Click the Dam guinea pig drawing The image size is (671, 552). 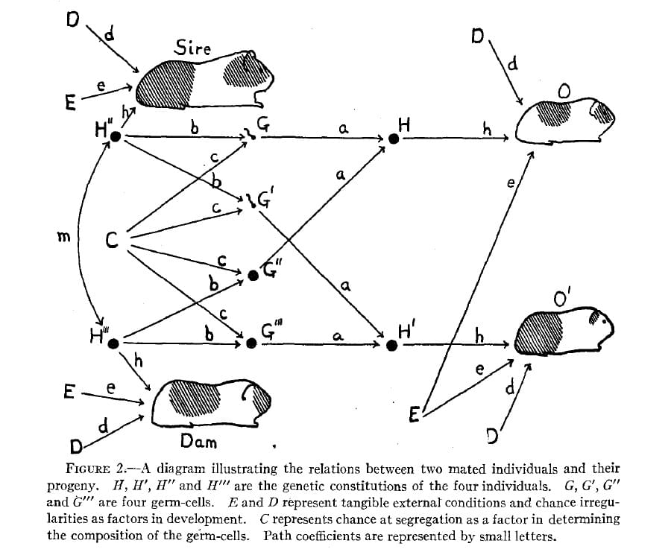212,402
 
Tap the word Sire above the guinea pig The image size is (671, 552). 193,49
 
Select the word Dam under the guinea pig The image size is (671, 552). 198,442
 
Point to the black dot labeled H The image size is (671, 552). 394,139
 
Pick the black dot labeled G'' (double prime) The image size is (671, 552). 253,276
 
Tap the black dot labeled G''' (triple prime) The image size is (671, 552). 252,344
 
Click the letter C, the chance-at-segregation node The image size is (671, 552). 112,241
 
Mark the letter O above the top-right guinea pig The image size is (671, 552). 564,91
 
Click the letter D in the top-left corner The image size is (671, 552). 72,18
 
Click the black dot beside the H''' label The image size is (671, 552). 113,343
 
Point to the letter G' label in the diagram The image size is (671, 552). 265,199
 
